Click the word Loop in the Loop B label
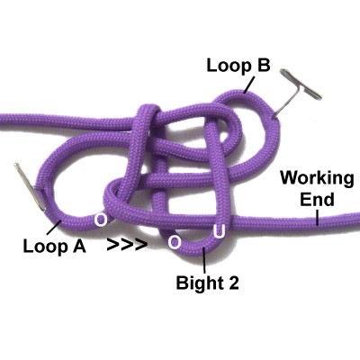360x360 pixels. pos(229,67)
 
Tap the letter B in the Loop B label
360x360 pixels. pos(265,65)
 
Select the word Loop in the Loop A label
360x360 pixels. pos(45,247)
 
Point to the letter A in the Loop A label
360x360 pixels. pos(79,247)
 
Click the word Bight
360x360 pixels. pos(198,283)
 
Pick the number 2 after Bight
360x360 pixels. pos(233,283)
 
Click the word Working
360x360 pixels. pos(317,179)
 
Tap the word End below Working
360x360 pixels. pos(317,200)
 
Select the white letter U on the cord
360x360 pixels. pos(220,231)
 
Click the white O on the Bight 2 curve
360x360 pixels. pos(175,242)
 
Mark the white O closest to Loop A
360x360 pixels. pos(101,220)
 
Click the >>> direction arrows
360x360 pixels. pos(128,245)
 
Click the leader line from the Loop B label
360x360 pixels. pos(249,85)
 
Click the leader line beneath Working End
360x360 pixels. pos(317,217)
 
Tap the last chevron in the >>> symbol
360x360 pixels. pos(141,245)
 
